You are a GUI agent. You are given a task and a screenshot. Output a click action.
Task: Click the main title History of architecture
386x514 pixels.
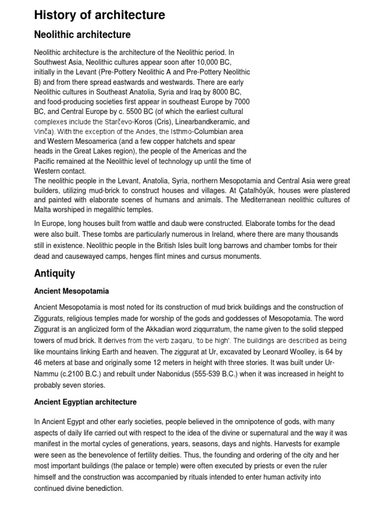pyautogui.click(x=99, y=16)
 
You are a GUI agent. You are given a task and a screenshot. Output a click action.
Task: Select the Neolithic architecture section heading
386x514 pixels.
pyautogui.click(x=82, y=35)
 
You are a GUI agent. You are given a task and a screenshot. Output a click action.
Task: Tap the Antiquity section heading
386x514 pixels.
pyautogui.click(x=54, y=273)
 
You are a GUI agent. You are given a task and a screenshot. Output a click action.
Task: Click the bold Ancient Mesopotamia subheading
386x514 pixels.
pyautogui.click(x=71, y=291)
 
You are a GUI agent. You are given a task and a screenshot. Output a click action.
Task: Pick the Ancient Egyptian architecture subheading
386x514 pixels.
pyautogui.click(x=85, y=402)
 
